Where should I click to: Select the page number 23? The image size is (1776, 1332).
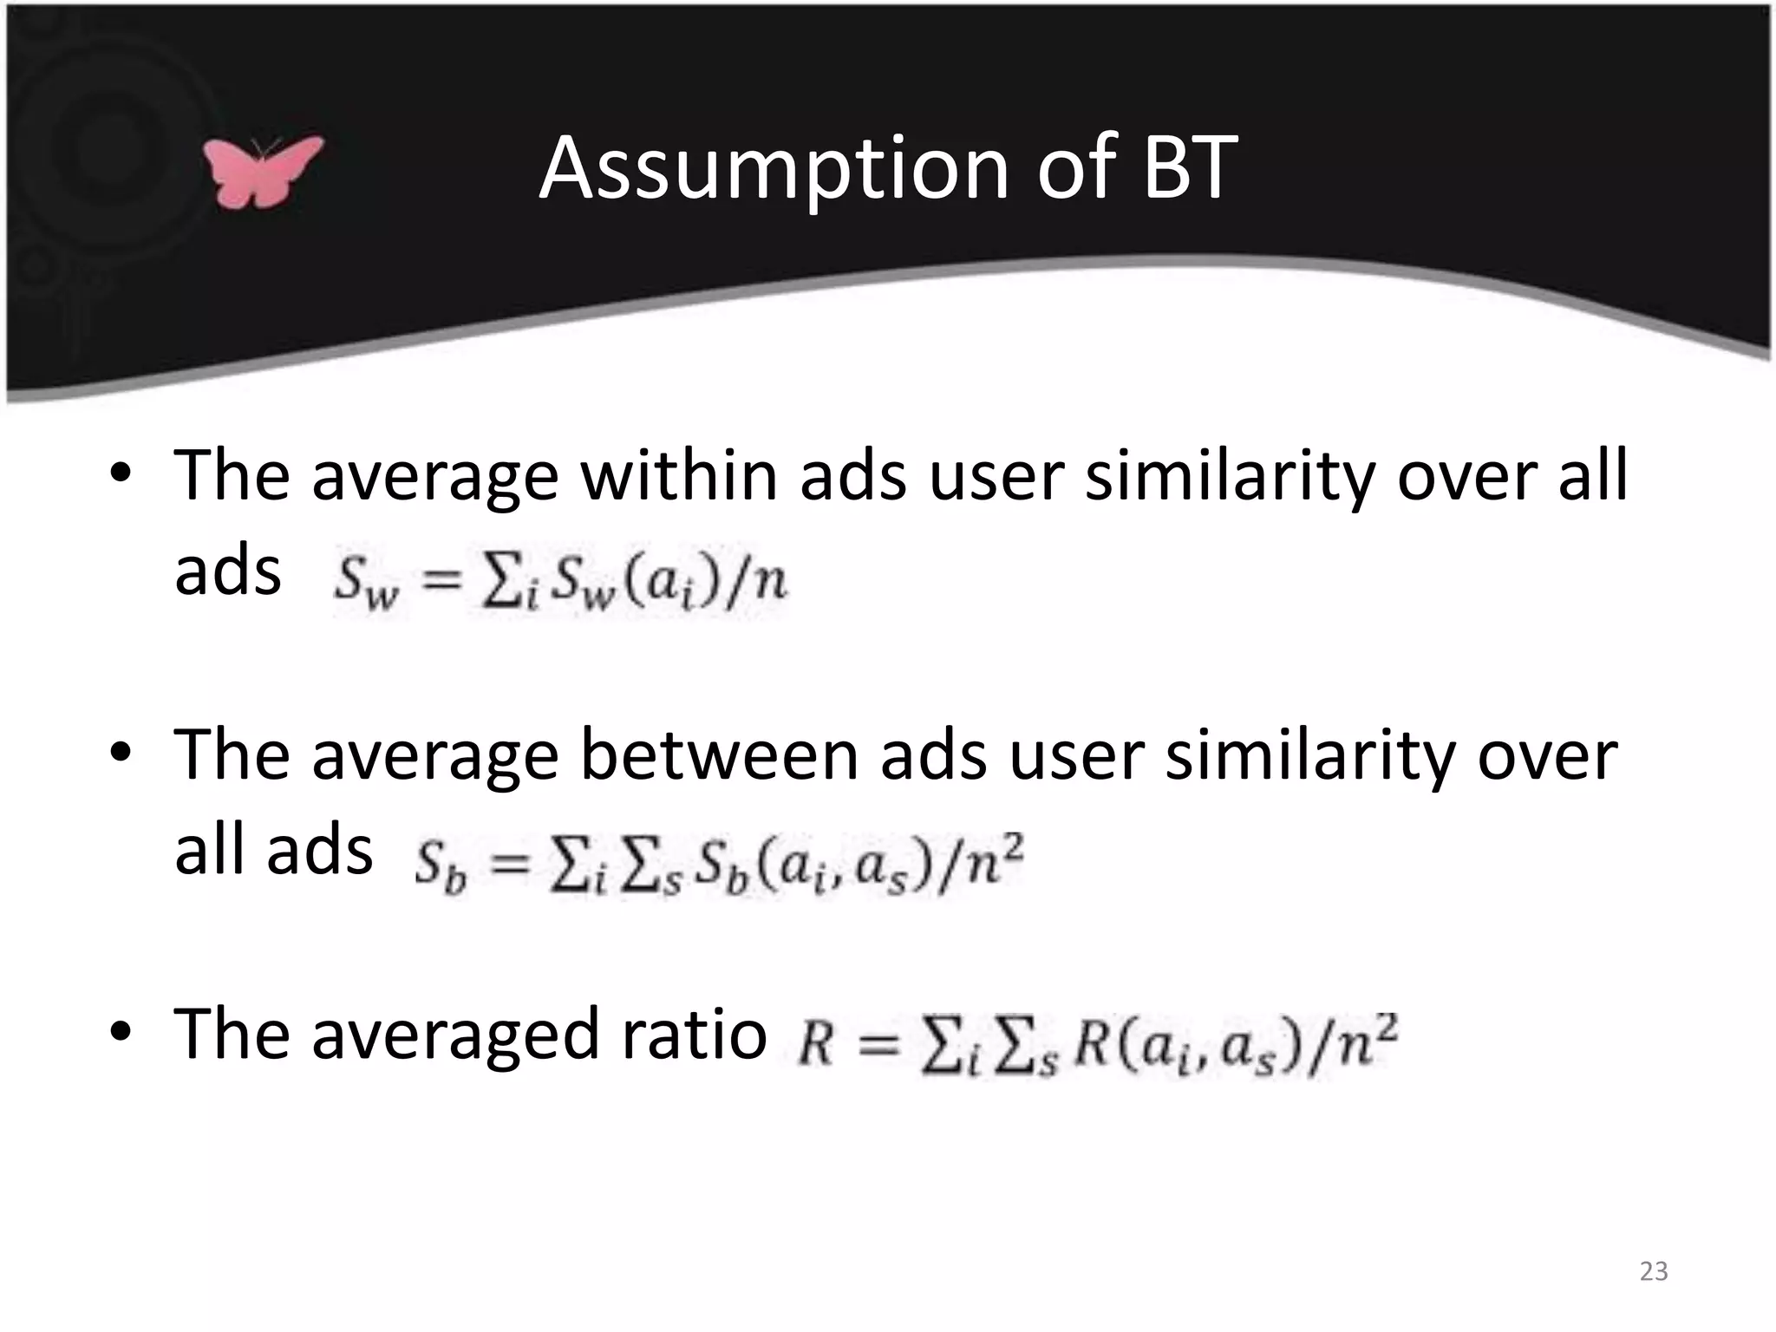pos(1654,1271)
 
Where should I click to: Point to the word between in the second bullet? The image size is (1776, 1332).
pos(718,754)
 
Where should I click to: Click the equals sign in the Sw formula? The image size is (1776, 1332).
pos(441,580)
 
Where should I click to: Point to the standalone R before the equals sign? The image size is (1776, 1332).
pos(815,1043)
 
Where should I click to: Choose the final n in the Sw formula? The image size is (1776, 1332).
pos(768,580)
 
